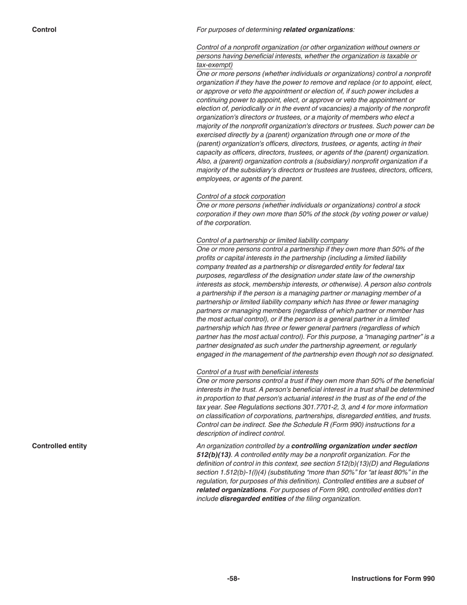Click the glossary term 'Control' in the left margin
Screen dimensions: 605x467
pyautogui.click(x=44, y=30)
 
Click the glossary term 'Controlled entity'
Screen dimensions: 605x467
pyautogui.click(x=59, y=446)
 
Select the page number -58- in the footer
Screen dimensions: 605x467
pyautogui.click(x=233, y=579)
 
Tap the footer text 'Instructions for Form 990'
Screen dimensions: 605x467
pyautogui.click(x=393, y=579)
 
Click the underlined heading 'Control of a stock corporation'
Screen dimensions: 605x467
pyautogui.click(x=241, y=196)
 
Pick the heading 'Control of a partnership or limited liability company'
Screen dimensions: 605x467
pyautogui.click(x=272, y=241)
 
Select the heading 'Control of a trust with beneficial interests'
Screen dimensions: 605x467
pyautogui.click(x=257, y=372)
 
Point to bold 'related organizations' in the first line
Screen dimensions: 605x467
pyautogui.click(x=318, y=30)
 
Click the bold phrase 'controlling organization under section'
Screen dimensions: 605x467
pyautogui.click(x=354, y=446)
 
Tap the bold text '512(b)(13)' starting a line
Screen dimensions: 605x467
pyautogui.click(x=213, y=455)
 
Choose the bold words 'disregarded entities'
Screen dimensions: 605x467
pyautogui.click(x=253, y=499)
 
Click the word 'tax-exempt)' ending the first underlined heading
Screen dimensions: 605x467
pyautogui.click(x=215, y=65)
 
